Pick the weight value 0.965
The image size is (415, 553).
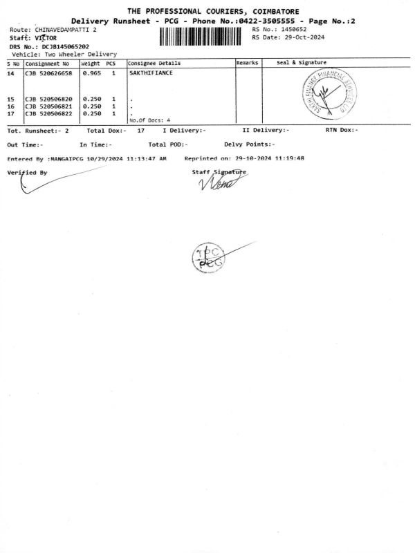91,73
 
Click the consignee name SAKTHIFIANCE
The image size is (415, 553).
151,73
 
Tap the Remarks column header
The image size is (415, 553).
247,63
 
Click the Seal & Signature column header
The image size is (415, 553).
302,63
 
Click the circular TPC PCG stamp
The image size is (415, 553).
207,259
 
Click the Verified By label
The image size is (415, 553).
27,172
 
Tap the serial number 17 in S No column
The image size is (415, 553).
11,113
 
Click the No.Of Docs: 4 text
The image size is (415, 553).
149,120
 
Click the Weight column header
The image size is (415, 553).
91,63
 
